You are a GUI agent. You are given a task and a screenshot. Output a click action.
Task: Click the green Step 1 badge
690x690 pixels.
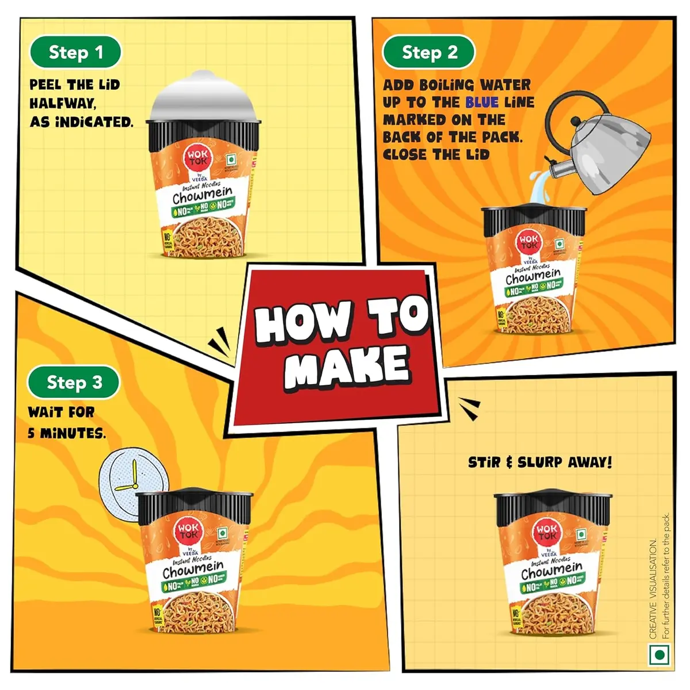[75, 52]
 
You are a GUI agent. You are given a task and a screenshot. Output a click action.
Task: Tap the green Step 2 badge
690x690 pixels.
[429, 52]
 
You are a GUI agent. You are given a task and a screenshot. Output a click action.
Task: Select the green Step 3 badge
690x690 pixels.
[74, 382]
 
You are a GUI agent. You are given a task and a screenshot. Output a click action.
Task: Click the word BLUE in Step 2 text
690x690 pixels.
[482, 102]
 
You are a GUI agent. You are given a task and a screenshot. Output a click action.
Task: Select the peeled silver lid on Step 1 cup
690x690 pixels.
[205, 98]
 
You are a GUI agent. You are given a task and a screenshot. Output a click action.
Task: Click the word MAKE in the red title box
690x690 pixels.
[346, 365]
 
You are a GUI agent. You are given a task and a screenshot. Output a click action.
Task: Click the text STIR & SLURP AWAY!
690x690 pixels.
[540, 462]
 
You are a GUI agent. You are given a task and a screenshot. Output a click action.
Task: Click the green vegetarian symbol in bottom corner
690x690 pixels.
[660, 655]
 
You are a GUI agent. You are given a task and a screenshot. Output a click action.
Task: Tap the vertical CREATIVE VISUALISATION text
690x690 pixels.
[653, 586]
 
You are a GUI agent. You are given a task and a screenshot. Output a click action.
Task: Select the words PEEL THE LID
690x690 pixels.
[75, 85]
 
